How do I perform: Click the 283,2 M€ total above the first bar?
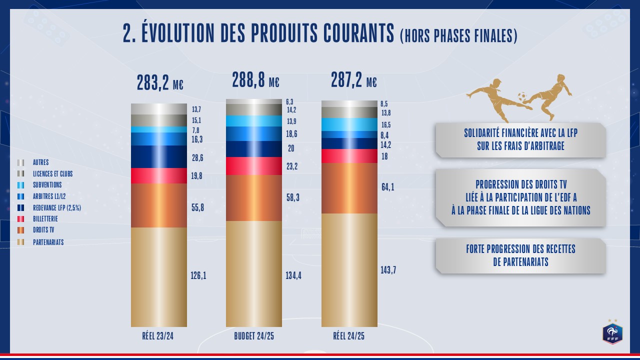pos(160,83)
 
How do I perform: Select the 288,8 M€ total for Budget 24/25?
pos(255,80)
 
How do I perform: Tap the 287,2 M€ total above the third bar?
pos(354,80)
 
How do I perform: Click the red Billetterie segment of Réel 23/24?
pos(159,175)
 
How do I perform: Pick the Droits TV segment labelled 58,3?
pos(254,198)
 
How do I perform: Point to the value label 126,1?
pos(198,275)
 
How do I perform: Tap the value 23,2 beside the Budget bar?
pos(292,166)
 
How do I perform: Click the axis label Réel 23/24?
pos(158,336)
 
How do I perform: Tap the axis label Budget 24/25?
pos(254,336)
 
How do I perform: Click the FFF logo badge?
pos(612,333)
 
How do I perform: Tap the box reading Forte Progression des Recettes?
pos(520,255)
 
